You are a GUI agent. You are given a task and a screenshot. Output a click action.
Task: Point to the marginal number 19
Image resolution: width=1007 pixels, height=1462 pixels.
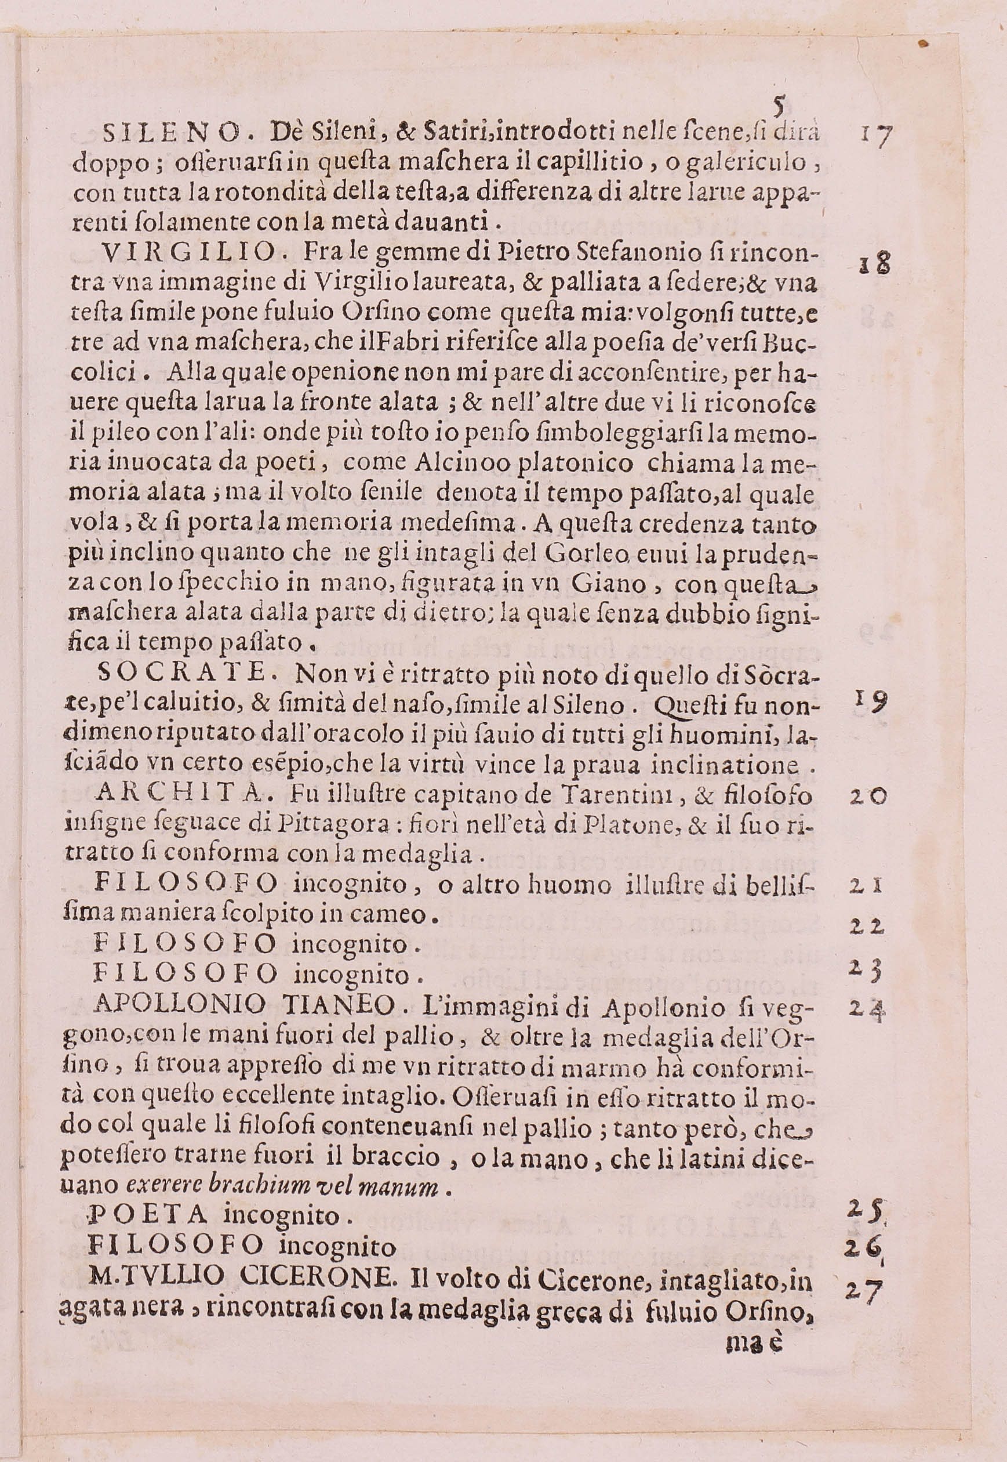point(871,700)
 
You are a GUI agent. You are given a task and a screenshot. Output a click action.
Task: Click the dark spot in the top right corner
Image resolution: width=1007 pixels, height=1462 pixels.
point(924,43)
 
